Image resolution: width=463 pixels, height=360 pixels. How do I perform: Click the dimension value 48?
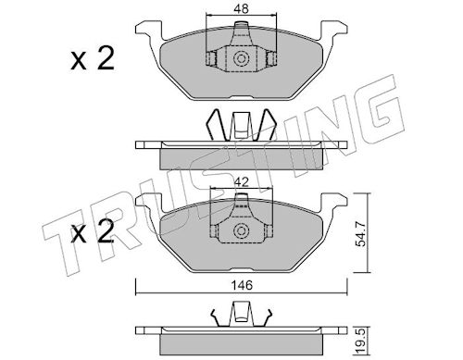click(x=241, y=9)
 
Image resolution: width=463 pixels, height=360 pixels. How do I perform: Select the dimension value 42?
click(x=242, y=182)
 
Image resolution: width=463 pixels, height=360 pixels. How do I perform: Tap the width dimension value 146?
click(x=243, y=285)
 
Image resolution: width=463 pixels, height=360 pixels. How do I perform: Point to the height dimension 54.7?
click(x=360, y=234)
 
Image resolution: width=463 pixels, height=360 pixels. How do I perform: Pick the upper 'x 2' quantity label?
click(x=93, y=58)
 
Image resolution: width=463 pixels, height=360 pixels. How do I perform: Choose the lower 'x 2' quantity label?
click(x=93, y=230)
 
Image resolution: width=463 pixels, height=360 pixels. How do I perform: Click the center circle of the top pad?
click(x=241, y=58)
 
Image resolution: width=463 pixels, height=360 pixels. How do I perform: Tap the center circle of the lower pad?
click(x=241, y=231)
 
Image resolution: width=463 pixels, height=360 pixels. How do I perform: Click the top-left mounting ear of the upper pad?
click(x=149, y=30)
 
